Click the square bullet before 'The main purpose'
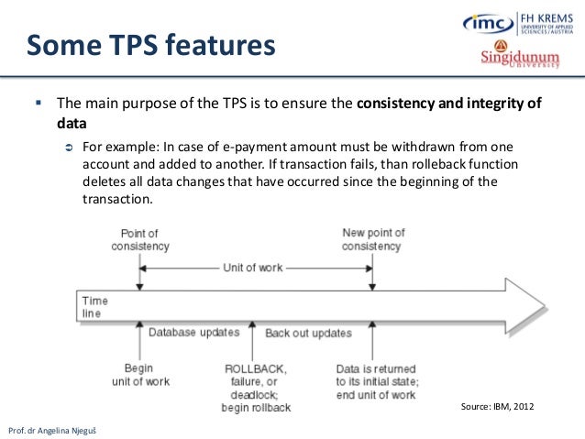click(x=39, y=102)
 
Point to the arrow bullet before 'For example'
click(x=68, y=148)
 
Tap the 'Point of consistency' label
click(x=140, y=240)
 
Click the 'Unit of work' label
click(x=253, y=268)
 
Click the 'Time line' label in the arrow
click(x=94, y=306)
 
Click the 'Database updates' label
click(x=194, y=332)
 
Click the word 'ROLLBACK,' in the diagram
click(x=255, y=368)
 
